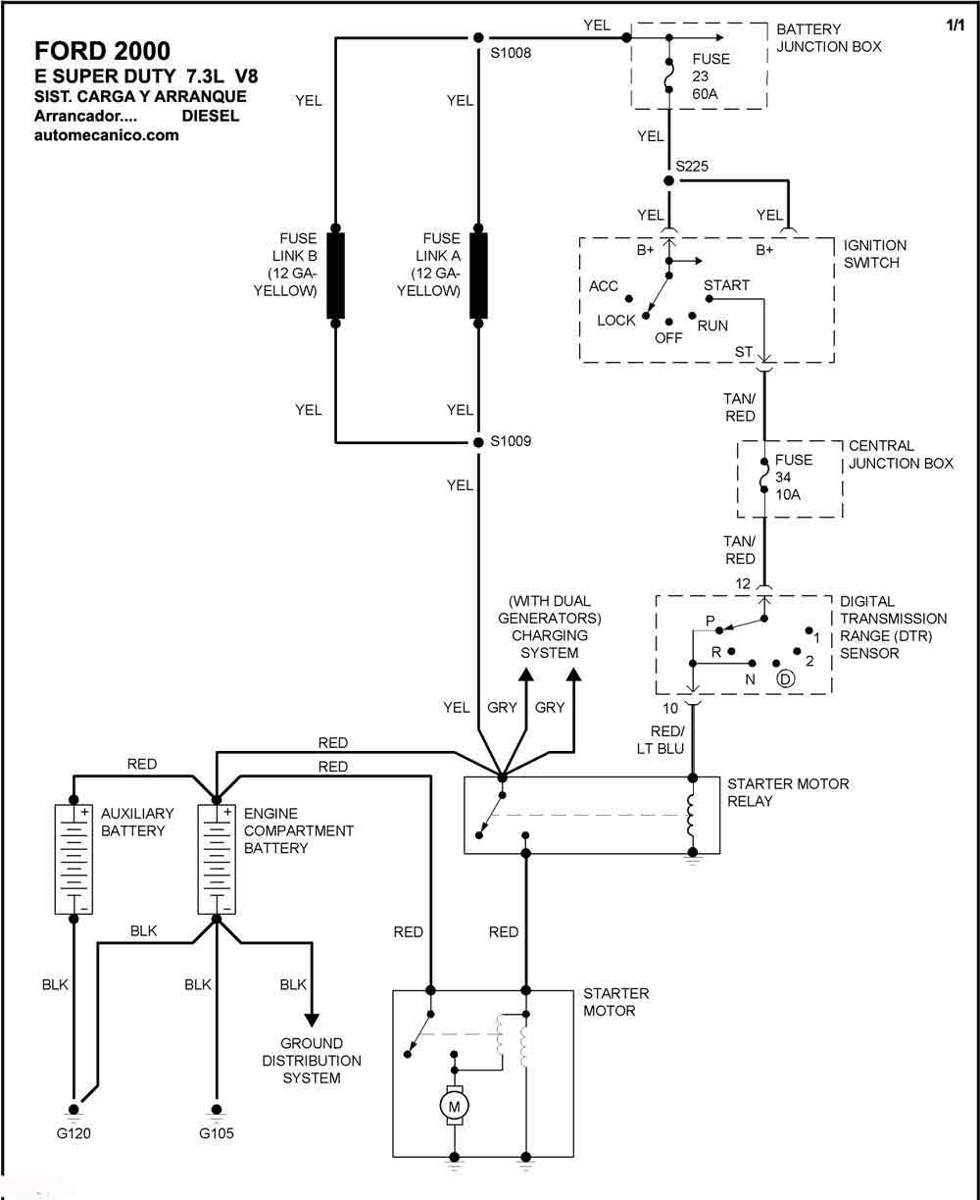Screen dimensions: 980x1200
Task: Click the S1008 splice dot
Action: coord(478,37)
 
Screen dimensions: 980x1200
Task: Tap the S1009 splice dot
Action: coord(478,442)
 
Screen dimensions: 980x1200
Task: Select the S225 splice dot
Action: coord(669,181)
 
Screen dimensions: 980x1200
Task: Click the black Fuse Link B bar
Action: coord(335,275)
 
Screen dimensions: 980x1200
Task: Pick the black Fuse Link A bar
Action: coord(478,275)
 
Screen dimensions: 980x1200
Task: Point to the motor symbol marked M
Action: coord(454,1106)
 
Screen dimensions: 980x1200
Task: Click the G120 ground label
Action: coord(73,1133)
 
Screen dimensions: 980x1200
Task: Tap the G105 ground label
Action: coord(217,1133)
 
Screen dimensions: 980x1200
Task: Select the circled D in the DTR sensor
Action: coord(786,678)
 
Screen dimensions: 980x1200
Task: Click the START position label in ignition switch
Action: coord(726,285)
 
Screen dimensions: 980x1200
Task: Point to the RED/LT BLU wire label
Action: coord(661,739)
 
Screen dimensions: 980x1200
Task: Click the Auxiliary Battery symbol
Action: coord(73,859)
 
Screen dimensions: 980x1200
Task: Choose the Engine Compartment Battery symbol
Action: coord(217,859)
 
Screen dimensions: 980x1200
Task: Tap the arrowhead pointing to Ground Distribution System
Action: coord(312,1020)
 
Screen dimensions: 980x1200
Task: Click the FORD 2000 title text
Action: coord(102,51)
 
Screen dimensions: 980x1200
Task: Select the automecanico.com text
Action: coord(107,135)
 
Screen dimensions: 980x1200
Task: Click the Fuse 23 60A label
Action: coord(710,76)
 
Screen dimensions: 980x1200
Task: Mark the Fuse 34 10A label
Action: coord(794,477)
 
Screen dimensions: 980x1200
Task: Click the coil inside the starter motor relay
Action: coord(692,815)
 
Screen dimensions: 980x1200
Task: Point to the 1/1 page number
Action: coord(955,25)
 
